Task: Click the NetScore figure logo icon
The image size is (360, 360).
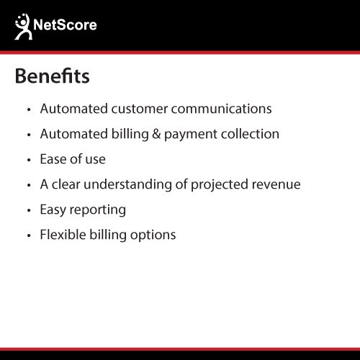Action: click(x=23, y=27)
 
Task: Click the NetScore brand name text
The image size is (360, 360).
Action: click(x=65, y=24)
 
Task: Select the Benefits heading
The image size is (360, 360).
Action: click(x=52, y=76)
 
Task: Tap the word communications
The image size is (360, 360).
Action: click(x=221, y=109)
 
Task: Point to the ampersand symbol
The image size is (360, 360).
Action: click(x=156, y=134)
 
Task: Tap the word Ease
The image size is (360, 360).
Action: click(x=53, y=159)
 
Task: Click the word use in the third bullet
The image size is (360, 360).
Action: click(x=96, y=160)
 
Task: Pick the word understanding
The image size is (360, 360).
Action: click(x=127, y=185)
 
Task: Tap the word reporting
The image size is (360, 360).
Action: click(x=97, y=210)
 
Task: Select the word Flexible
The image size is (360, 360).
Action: click(x=63, y=235)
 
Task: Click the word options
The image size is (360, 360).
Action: click(x=153, y=235)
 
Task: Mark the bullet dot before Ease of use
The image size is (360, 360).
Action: click(x=29, y=160)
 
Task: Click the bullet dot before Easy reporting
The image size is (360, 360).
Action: click(x=29, y=210)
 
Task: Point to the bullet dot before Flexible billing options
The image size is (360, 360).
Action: click(x=29, y=235)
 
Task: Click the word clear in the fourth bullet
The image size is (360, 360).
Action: click(x=66, y=184)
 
